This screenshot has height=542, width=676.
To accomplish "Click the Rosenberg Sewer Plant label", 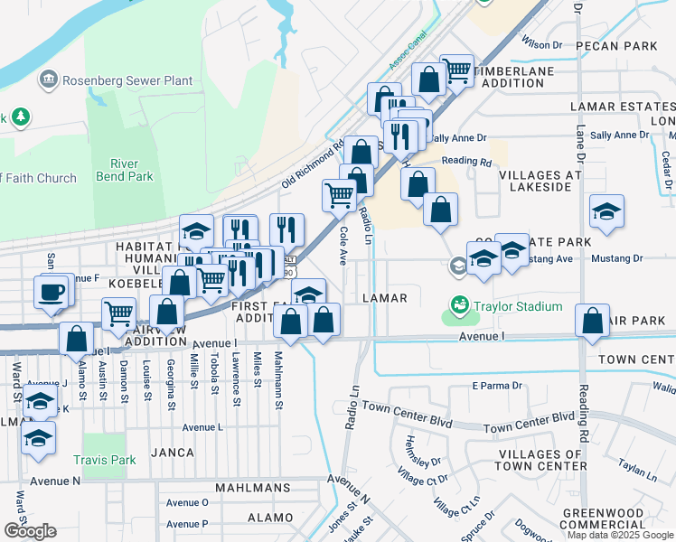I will click(x=127, y=80).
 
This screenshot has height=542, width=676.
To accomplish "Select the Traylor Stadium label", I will click(x=519, y=306).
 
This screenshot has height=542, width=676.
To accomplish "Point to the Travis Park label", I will click(x=109, y=460).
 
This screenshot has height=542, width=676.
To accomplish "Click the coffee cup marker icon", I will click(x=52, y=291).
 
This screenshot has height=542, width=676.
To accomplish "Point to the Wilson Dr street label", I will click(x=541, y=44).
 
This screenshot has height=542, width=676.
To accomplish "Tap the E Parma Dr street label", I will click(x=497, y=386).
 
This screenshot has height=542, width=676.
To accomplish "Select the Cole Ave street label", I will click(x=343, y=245).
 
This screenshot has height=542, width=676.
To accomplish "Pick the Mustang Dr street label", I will click(x=617, y=258).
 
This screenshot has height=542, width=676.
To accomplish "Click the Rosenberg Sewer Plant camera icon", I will click(x=47, y=80).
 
